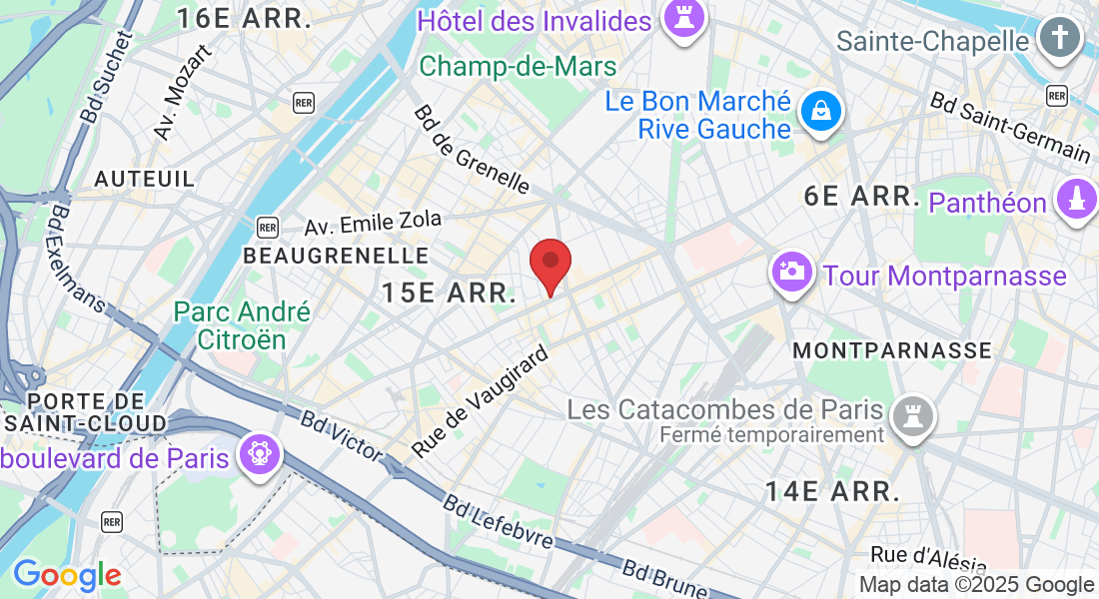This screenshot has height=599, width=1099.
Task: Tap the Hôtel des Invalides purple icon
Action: click(x=684, y=20)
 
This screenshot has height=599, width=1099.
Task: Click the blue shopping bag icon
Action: click(x=819, y=113)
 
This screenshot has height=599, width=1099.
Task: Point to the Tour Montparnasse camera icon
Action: click(x=792, y=272)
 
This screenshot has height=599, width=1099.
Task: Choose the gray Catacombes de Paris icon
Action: click(x=911, y=413)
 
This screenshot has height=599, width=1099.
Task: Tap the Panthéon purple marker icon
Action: click(x=1076, y=200)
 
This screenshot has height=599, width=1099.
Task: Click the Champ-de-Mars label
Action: click(x=518, y=67)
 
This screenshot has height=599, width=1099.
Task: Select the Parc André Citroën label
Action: click(x=243, y=325)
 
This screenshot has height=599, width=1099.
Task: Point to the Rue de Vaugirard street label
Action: click(x=482, y=402)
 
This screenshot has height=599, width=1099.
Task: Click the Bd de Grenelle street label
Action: click(x=471, y=149)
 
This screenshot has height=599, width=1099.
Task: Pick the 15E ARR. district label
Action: click(x=449, y=294)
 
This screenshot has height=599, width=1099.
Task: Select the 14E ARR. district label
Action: click(x=832, y=491)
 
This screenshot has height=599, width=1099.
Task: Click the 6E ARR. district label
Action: click(x=861, y=196)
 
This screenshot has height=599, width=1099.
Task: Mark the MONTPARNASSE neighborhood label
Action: click(x=892, y=350)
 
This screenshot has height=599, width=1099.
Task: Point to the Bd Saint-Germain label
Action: click(x=1010, y=127)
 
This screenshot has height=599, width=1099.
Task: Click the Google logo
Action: click(x=67, y=575)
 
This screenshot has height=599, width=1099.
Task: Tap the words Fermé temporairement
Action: click(x=772, y=435)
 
